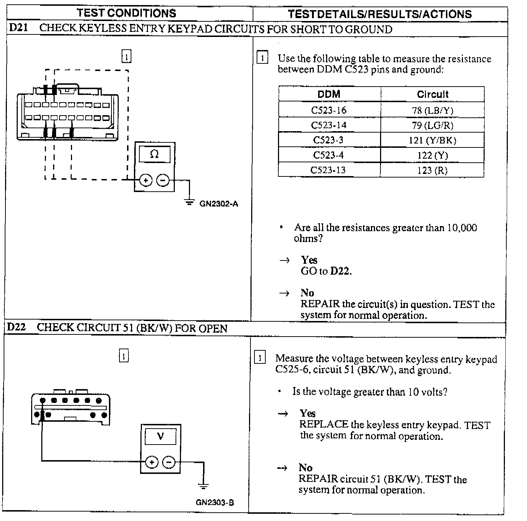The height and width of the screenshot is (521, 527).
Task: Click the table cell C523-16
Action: coord(329,110)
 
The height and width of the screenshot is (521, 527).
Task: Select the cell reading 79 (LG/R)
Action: coord(432,125)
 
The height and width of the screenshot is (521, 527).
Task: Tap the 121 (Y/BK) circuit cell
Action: coord(432,140)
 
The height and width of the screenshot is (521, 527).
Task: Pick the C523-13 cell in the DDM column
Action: coord(329,170)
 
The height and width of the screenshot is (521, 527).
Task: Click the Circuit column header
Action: coord(432,95)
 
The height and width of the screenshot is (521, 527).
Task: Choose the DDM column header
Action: coord(329,95)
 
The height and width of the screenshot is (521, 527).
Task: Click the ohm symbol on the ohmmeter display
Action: coord(154,154)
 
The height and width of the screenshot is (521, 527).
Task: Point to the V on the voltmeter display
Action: coord(160,436)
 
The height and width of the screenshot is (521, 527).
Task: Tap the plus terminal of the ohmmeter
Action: coord(146,180)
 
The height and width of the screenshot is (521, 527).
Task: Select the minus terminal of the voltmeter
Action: coord(169,462)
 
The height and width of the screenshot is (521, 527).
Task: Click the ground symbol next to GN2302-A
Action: coord(189,201)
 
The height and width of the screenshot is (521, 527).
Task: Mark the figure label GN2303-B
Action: coord(215,503)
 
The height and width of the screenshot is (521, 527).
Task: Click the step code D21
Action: coord(18,28)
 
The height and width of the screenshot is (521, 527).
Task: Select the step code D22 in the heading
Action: coord(17,327)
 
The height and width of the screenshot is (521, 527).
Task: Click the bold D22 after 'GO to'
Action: coord(341,271)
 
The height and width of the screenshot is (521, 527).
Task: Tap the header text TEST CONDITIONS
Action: coord(126,13)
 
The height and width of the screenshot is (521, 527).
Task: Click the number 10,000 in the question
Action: coord(462,228)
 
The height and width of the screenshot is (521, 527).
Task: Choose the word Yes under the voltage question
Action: coord(308,413)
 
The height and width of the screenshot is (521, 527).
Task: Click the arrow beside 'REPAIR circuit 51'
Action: coord(282,468)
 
